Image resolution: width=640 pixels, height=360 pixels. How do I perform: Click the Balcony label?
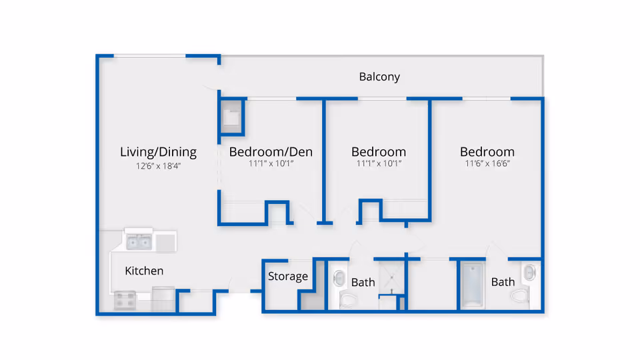379,77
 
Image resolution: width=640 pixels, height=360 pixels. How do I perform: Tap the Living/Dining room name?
158,152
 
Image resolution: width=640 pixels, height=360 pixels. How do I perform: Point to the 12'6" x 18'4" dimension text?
158,167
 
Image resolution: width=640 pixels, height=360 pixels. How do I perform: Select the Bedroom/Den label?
271,152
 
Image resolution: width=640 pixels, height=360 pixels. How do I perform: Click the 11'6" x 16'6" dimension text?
487,164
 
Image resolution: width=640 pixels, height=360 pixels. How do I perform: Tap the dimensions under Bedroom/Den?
271,164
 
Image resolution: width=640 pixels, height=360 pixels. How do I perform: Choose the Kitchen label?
144,271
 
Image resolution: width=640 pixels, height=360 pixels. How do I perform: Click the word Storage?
288,276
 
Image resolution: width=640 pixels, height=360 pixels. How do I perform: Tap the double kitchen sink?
139,241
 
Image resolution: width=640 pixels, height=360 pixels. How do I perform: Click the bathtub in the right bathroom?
472,286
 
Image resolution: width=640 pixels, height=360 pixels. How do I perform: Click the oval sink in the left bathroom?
338,277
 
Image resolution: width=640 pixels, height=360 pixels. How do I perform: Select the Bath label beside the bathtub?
503,282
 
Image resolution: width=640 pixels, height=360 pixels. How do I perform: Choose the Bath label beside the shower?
363,283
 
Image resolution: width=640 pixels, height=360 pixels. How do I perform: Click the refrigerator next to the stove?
163,297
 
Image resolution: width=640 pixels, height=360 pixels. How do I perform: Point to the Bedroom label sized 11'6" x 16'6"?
487,152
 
